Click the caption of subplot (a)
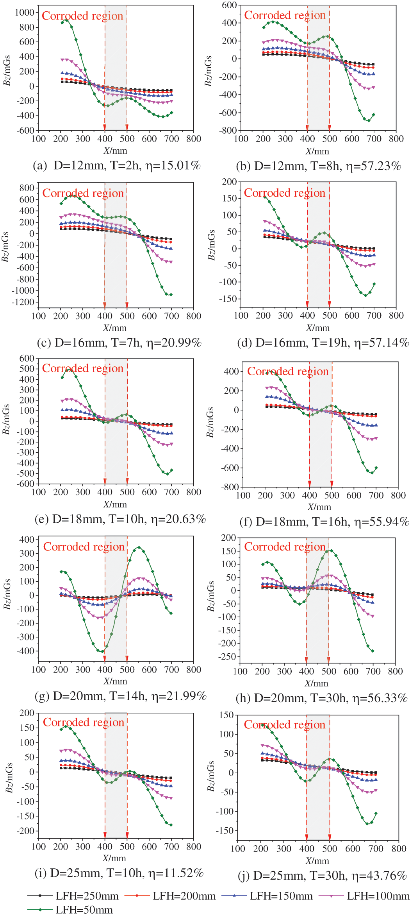coord(117,166)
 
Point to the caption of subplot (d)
coord(323,343)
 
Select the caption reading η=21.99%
coord(120,696)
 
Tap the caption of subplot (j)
coord(322,876)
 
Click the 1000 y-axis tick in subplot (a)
coord(25,13)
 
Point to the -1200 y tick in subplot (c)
coord(23,302)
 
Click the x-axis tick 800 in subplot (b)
coord(396,139)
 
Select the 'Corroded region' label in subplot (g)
coord(84,547)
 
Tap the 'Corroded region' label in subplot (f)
coord(288,371)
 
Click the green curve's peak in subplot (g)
coord(139,548)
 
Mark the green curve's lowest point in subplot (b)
coord(369,120)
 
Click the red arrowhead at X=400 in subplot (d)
coord(307,304)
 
